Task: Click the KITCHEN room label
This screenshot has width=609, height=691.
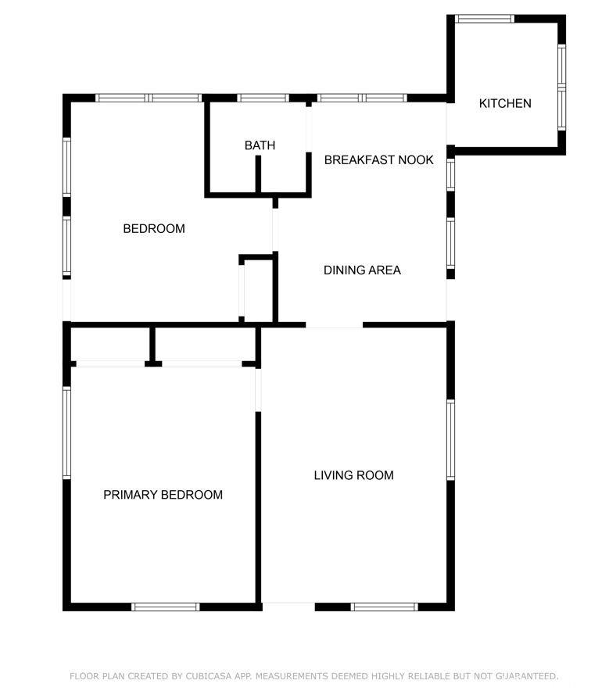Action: [505, 103]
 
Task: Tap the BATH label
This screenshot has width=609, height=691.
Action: [260, 145]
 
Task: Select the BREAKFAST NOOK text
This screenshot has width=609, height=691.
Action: [379, 159]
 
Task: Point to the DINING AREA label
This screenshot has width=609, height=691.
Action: [362, 270]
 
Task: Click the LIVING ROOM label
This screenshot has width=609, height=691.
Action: [354, 475]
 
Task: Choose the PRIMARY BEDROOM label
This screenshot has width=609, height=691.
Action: [163, 495]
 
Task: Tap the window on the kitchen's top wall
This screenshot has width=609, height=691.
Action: [484, 19]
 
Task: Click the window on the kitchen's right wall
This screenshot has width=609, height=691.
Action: [562, 88]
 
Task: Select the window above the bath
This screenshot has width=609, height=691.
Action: [263, 98]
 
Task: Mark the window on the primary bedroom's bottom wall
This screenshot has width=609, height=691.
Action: [166, 607]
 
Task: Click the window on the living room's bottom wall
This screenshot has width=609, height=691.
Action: [385, 607]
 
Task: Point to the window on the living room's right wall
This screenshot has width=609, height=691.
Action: [451, 439]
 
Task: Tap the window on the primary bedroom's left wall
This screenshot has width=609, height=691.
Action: [66, 433]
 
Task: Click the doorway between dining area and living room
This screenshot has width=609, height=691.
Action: [335, 325]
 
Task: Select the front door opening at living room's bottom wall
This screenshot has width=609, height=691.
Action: [288, 606]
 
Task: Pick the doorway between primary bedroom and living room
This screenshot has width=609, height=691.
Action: [258, 390]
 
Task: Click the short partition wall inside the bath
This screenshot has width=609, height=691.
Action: [258, 174]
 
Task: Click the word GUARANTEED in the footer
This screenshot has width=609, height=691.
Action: [527, 676]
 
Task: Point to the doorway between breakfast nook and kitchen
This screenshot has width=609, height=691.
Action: [450, 124]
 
